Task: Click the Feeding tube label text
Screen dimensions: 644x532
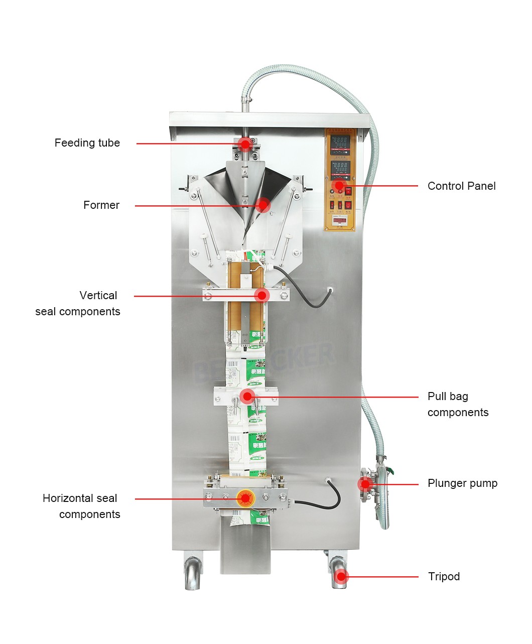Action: (87, 143)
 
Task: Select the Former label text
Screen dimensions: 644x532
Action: (101, 205)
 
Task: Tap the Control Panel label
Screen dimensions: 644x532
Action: (461, 186)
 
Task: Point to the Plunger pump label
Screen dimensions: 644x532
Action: (462, 483)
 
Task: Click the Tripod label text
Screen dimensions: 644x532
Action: (444, 576)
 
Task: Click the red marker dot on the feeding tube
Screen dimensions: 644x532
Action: (245, 144)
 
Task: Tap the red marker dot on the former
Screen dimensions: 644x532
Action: (262, 205)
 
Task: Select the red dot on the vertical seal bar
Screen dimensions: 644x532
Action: (261, 296)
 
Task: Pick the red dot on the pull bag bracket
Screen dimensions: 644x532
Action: (246, 397)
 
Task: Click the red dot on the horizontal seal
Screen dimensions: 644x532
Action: (245, 498)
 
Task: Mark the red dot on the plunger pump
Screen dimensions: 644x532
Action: (365, 484)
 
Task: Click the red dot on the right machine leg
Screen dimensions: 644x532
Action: (341, 576)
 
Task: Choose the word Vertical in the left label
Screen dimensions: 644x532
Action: (98, 296)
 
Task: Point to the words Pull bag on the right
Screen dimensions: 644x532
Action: (448, 397)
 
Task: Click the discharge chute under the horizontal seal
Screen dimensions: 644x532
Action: (245, 550)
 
